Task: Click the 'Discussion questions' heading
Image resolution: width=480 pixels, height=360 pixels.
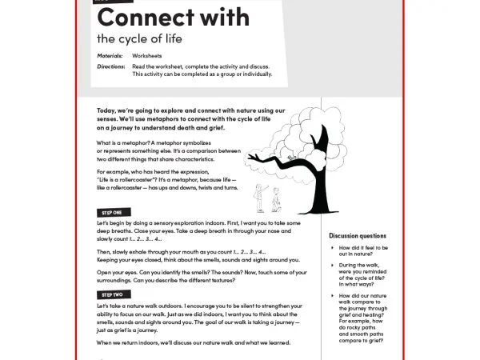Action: [358, 236]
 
